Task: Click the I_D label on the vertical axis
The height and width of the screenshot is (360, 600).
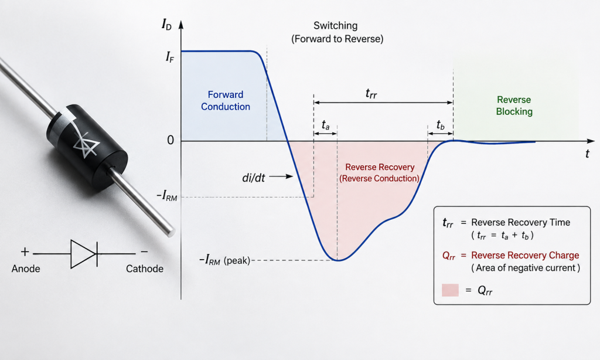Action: coord(166,25)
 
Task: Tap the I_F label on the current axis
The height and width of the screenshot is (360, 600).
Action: coord(169,57)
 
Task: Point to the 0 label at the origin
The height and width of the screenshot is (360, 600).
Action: coord(171,140)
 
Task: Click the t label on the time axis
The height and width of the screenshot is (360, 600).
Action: coord(587,154)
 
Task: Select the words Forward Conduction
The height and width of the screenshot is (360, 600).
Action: coord(226,100)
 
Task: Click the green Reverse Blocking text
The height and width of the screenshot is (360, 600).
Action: coord(514,106)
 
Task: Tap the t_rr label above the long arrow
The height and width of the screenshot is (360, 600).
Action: coord(371,93)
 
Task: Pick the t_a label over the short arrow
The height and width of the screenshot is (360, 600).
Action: coord(325,125)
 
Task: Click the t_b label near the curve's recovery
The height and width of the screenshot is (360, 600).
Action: coord(441,124)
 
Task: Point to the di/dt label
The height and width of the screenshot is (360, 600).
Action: coord(253,177)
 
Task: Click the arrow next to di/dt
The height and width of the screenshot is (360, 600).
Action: coord(281,176)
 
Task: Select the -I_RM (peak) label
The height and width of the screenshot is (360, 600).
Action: coord(224,260)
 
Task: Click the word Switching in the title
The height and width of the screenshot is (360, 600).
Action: coord(336,26)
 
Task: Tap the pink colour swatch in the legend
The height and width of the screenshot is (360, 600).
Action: coord(450,290)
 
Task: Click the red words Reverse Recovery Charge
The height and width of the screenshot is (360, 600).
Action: coord(525,255)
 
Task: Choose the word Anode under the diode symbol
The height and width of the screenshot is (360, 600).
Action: coord(26,269)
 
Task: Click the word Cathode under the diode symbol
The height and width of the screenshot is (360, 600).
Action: coord(145,269)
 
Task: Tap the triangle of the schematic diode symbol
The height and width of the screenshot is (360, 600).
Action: coord(83,253)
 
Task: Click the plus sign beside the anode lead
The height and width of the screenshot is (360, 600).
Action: coord(25,252)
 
